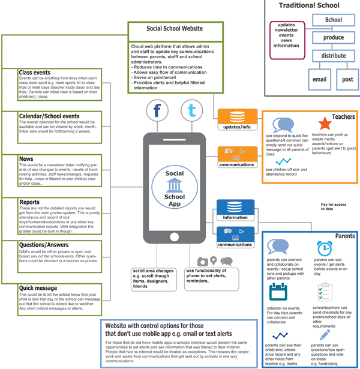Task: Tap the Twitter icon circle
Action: [191, 112]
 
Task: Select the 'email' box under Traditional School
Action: [319, 79]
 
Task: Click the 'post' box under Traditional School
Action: [347, 79]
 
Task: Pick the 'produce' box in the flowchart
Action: [334, 37]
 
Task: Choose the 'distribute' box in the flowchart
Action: [334, 56]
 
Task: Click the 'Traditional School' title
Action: [309, 6]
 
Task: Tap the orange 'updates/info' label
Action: [236, 127]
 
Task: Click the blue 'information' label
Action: [236, 217]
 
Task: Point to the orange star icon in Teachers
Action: [325, 124]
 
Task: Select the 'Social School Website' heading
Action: [175, 29]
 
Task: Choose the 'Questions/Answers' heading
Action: [44, 245]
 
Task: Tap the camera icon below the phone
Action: [203, 262]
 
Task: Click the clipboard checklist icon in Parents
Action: [325, 292]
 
